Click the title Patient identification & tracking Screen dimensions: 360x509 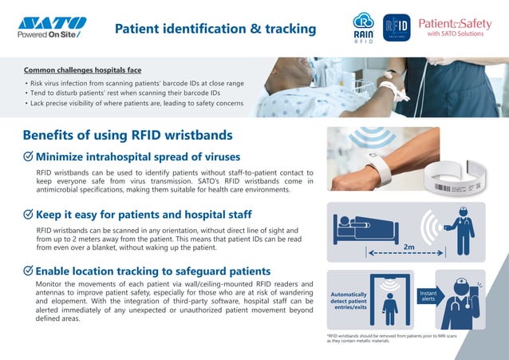pos(215,30)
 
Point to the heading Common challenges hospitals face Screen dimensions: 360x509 pos(82,70)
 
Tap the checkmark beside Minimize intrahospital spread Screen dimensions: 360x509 pos(28,156)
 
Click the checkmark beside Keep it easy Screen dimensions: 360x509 pos(28,215)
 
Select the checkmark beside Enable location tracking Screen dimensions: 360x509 pos(28,271)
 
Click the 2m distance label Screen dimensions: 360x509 pos(409,247)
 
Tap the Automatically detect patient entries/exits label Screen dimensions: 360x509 pos(349,300)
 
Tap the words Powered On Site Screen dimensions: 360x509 pos(49,34)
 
